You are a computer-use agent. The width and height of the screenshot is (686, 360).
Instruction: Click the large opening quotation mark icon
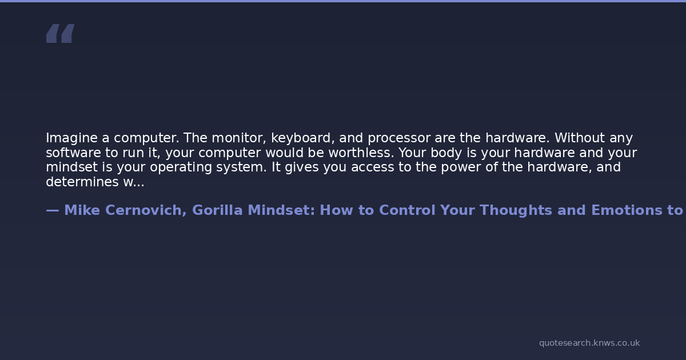(61, 33)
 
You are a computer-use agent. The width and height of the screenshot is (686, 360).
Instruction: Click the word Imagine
(71, 138)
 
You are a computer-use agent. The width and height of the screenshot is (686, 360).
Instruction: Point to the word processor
(399, 139)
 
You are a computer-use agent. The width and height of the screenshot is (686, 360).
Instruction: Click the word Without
(580, 138)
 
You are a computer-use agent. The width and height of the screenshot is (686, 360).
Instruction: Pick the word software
(74, 153)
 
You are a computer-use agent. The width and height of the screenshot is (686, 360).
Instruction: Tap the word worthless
(361, 153)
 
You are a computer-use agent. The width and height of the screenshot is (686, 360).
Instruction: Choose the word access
(372, 167)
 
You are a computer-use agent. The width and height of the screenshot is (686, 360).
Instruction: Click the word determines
(82, 182)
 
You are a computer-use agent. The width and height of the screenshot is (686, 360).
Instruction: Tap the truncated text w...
(134, 182)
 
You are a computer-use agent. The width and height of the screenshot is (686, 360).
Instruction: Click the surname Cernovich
(146, 211)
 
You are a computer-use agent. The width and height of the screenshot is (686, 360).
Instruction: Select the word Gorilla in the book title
(217, 210)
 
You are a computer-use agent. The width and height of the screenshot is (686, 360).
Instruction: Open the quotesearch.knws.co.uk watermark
(589, 343)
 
